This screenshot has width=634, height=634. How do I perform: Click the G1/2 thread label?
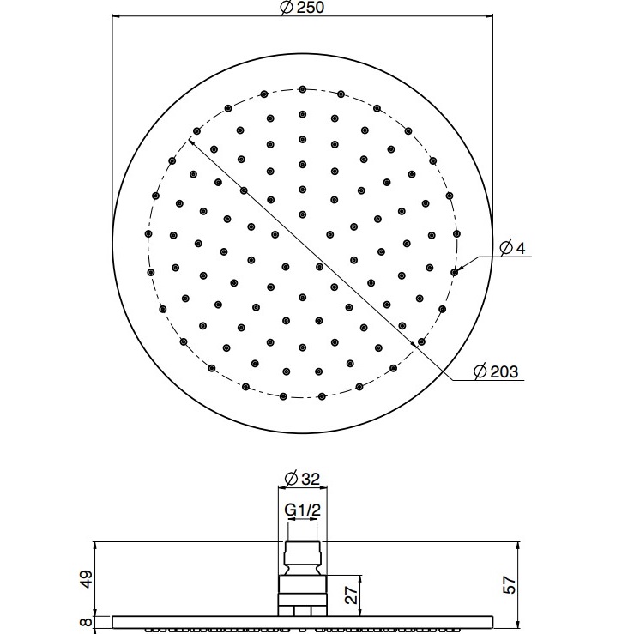(302, 510)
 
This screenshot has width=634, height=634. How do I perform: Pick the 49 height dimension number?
(83, 580)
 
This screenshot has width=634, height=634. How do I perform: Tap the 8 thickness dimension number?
(83, 624)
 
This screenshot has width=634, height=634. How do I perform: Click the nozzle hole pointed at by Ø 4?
(454, 271)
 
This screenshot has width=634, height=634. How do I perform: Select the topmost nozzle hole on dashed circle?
(302, 88)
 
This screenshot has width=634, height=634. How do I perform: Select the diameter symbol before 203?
(480, 371)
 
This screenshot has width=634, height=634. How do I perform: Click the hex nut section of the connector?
(302, 591)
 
